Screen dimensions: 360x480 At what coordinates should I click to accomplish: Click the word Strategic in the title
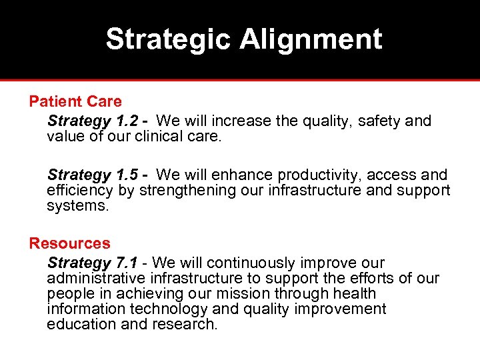[169, 39]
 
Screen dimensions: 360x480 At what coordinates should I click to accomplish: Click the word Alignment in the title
[311, 39]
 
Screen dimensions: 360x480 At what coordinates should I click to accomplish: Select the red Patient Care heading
[75, 102]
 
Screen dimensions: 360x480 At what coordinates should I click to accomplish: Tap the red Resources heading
[69, 244]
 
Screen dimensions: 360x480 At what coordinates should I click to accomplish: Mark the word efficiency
[80, 191]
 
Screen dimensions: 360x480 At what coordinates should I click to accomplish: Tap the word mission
[254, 294]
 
